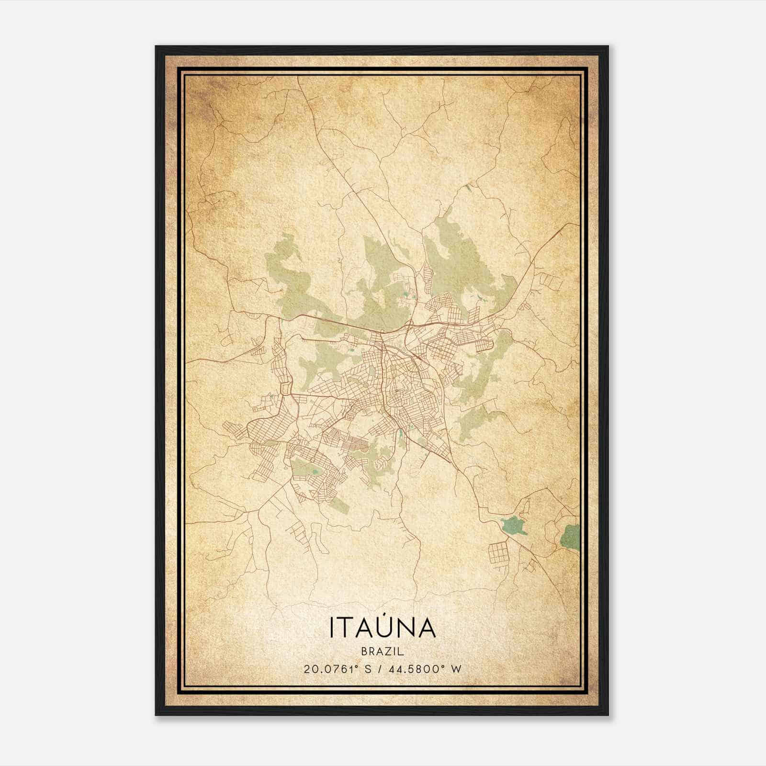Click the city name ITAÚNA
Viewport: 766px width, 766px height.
(x=383, y=628)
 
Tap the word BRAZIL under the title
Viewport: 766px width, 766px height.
(x=383, y=652)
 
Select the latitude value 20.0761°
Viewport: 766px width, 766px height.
(x=331, y=669)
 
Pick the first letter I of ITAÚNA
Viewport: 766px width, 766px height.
(x=331, y=628)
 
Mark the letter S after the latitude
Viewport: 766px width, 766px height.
(x=367, y=669)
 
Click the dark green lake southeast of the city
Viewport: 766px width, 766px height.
(x=513, y=525)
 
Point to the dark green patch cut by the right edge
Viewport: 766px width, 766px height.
(x=571, y=537)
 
